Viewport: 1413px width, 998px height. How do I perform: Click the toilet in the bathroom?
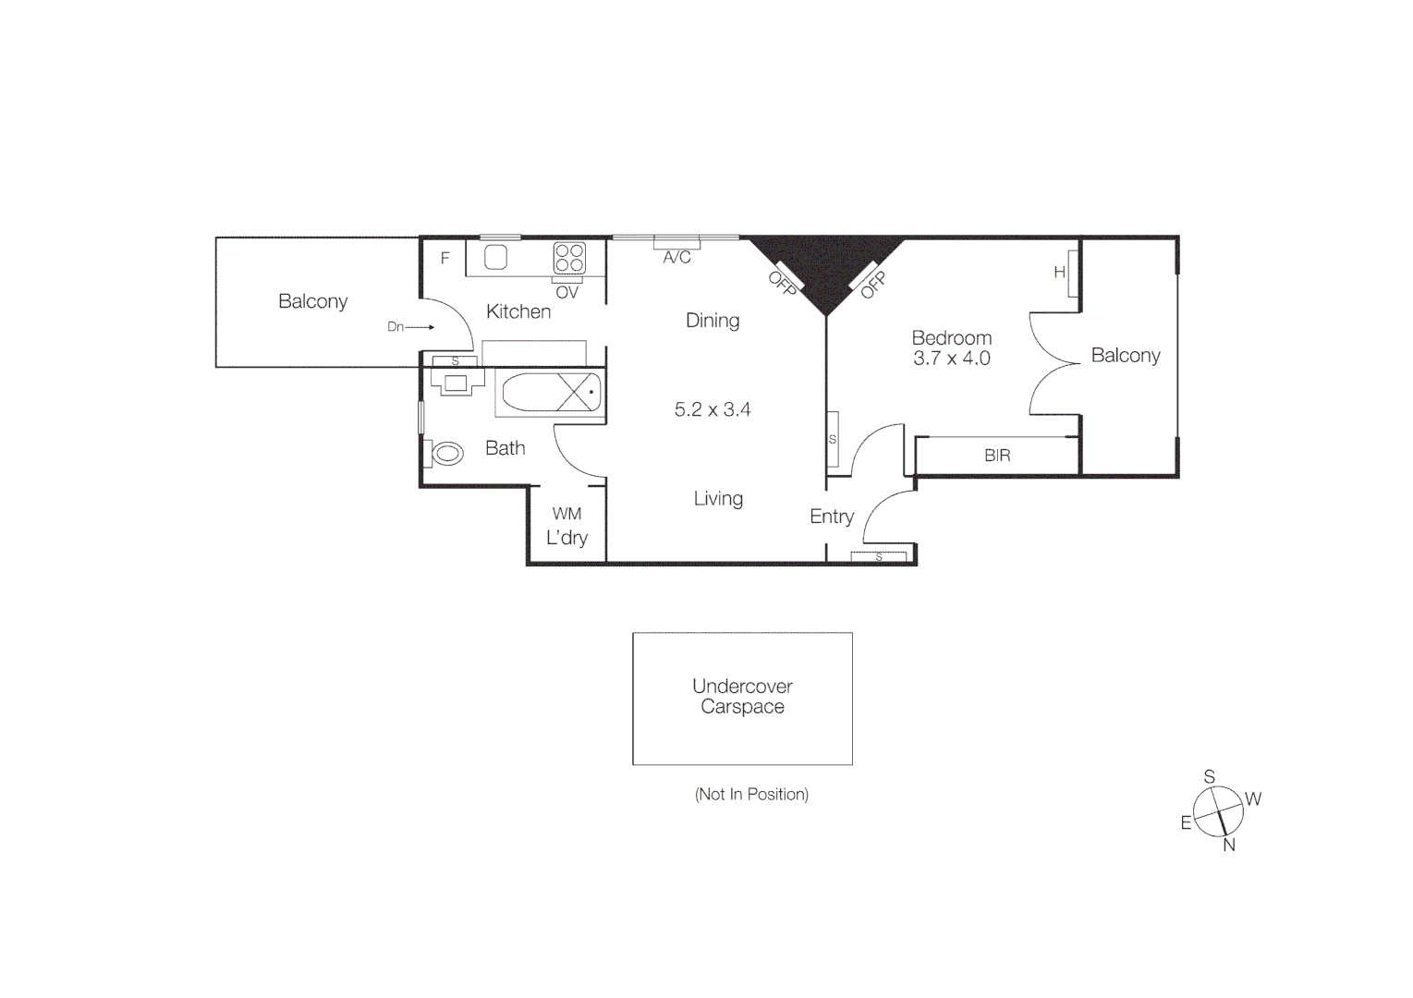coord(446,454)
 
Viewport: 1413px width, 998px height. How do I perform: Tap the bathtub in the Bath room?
coord(551,393)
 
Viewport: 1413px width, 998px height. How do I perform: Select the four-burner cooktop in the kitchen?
coord(569,258)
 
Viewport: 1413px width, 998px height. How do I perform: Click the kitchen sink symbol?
coord(496,257)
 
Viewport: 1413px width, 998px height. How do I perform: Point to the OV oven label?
coord(566,293)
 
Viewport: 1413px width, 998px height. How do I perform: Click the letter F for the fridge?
coord(445,259)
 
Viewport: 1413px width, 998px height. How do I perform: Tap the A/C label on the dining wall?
coord(676,258)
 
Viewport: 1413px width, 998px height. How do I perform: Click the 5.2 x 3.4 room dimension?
coord(713,409)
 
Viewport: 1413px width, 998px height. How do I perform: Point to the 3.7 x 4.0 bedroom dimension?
coord(952,359)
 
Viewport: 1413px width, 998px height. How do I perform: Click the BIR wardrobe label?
coord(997,456)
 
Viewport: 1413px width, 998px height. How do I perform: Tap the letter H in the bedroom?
coord(1059,273)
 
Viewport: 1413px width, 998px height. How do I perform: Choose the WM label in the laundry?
coord(566,514)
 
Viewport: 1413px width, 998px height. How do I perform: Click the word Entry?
coord(832,517)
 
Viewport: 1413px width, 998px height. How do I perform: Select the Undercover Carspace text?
coord(742,697)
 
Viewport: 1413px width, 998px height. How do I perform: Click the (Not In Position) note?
coord(751,794)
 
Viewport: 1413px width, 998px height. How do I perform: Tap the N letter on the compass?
coord(1229,845)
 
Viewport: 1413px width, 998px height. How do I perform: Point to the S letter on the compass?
coord(1209,777)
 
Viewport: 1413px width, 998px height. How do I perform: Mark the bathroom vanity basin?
coord(457,383)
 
